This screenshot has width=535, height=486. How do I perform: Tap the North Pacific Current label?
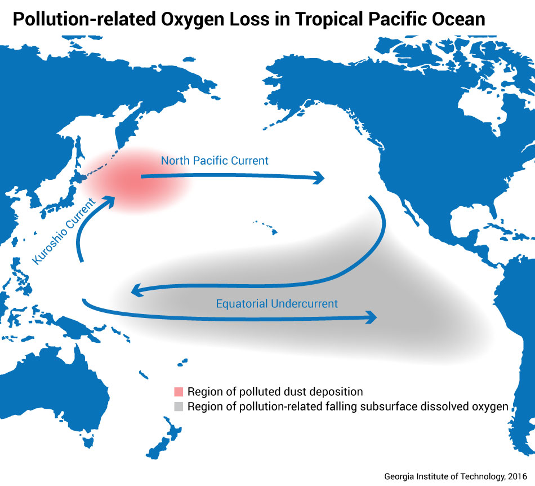click(215, 161)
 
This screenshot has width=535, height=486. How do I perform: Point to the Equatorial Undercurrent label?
click(277, 304)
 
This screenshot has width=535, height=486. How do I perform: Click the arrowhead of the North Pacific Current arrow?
click(320, 179)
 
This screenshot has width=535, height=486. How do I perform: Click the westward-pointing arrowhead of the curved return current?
click(135, 291)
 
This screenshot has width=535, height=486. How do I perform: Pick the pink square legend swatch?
click(179, 392)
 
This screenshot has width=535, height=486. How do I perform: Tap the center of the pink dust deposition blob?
click(132, 180)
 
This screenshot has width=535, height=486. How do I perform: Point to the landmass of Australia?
click(68, 389)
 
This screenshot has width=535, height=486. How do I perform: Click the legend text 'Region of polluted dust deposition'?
click(275, 392)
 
